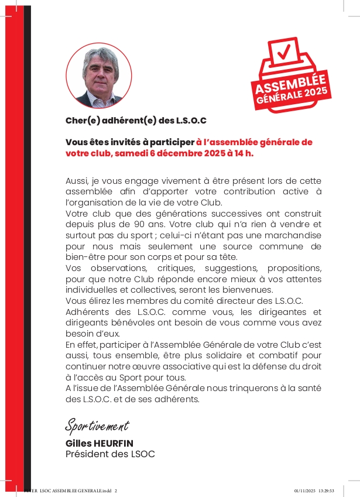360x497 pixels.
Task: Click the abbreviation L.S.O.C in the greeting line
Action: tap(191, 121)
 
